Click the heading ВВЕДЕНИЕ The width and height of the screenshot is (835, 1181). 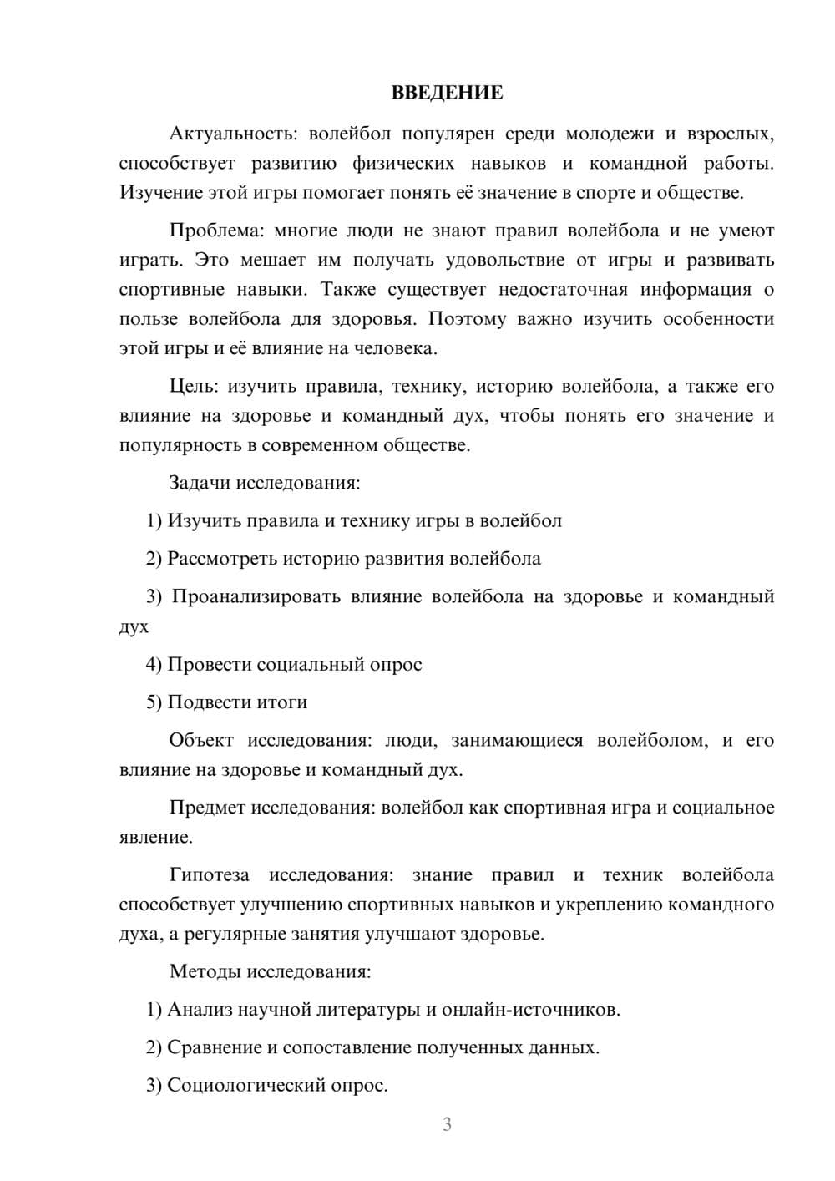[448, 93]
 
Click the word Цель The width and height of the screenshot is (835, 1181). [195, 386]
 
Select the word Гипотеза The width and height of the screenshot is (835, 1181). [210, 875]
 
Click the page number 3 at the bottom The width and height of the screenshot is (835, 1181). [447, 1124]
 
